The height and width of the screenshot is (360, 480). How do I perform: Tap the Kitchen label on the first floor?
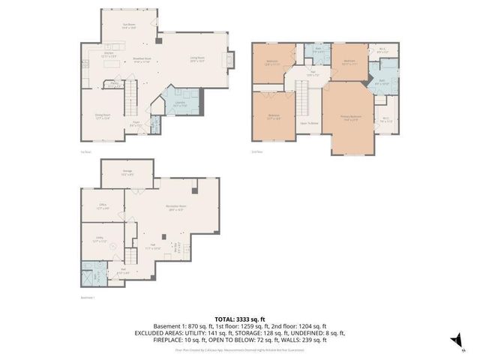point(107,55)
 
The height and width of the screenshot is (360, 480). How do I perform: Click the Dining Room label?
point(103,115)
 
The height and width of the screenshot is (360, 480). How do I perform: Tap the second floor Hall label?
point(313,74)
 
